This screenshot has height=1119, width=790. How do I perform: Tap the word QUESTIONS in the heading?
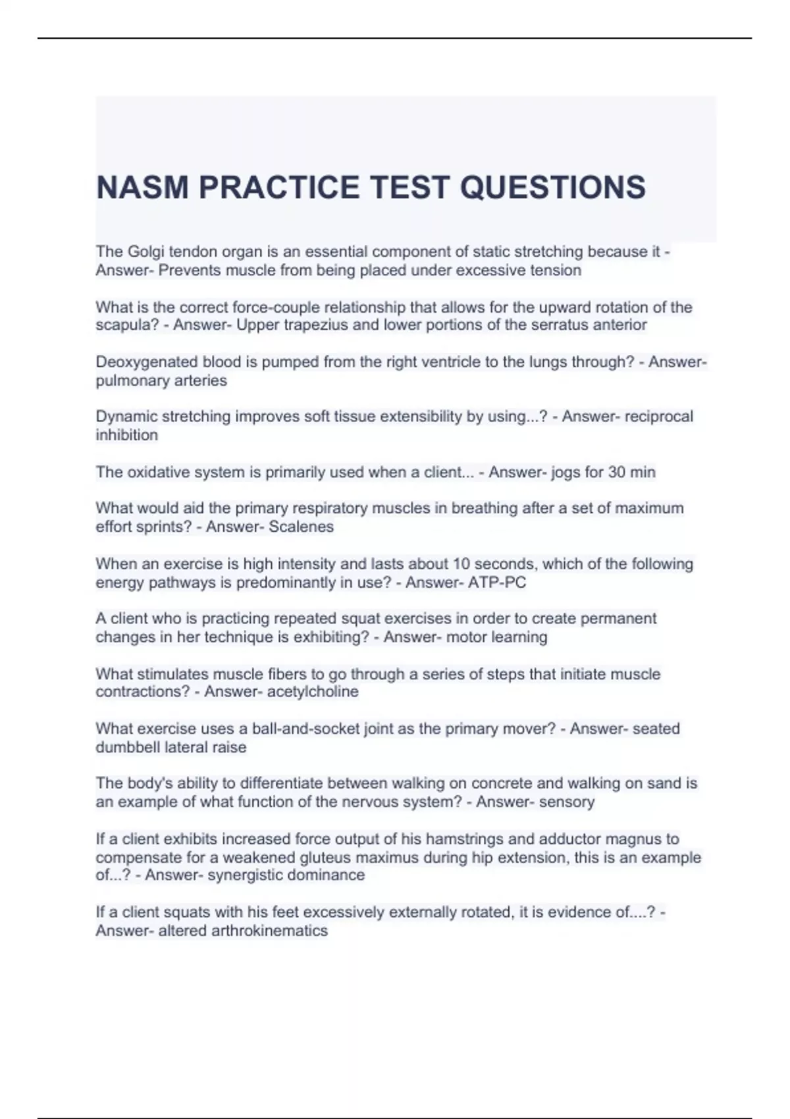tap(552, 188)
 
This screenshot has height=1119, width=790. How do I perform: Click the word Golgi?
tap(147, 252)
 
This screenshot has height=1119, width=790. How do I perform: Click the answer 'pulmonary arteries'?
tap(161, 380)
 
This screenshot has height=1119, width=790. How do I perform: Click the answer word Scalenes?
tap(302, 527)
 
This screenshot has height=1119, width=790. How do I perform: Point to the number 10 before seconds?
tap(460, 564)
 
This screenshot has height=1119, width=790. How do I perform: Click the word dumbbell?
tap(128, 748)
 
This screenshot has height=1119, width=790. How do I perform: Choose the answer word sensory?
tap(566, 802)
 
